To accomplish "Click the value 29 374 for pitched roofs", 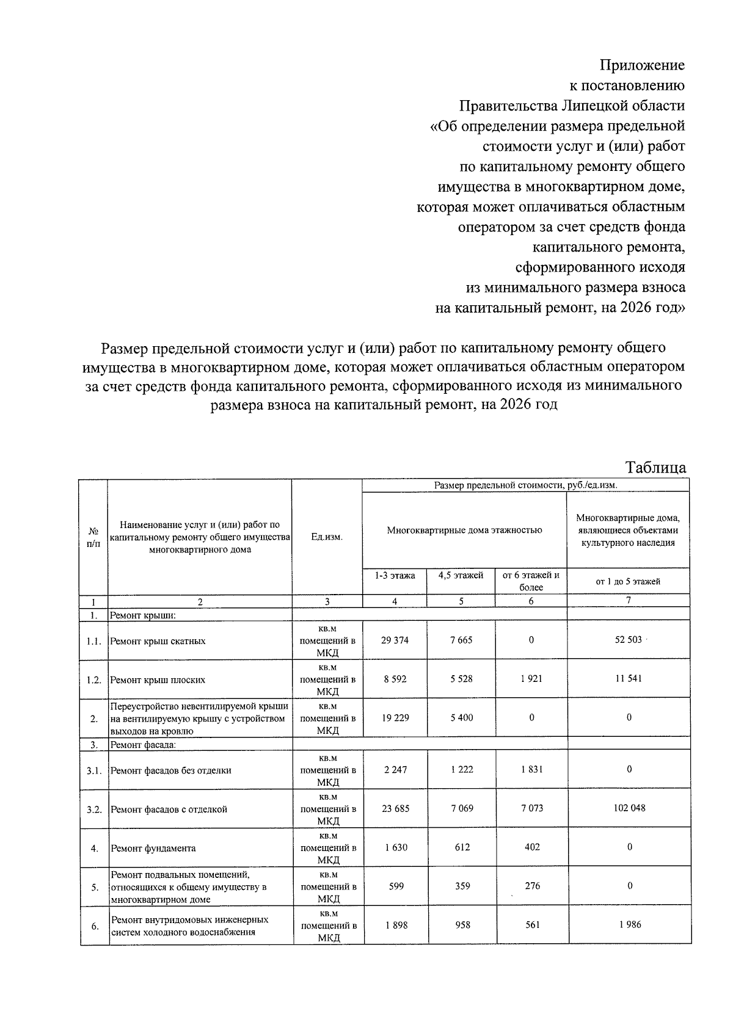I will pyautogui.click(x=395, y=640).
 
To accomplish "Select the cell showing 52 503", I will pyautogui.click(x=629, y=640).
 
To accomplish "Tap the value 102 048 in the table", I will pyautogui.click(x=629, y=808).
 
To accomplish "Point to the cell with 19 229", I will pyautogui.click(x=395, y=717).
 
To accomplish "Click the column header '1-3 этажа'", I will pyautogui.click(x=395, y=575).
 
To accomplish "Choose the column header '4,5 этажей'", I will pyautogui.click(x=461, y=575).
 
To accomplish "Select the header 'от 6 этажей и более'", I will pyautogui.click(x=531, y=581).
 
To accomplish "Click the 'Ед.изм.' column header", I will pyautogui.click(x=327, y=537).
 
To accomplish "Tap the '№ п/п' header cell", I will pyautogui.click(x=93, y=537).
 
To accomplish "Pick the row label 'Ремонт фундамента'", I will pyautogui.click(x=153, y=848).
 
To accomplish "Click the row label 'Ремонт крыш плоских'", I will pyautogui.click(x=158, y=679).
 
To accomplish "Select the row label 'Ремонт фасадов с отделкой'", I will pyautogui.click(x=169, y=809).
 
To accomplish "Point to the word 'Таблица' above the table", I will pyautogui.click(x=655, y=468).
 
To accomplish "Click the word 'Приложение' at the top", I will pyautogui.click(x=642, y=65).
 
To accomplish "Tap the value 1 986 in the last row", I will pyautogui.click(x=629, y=924).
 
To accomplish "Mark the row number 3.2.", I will pyautogui.click(x=93, y=809).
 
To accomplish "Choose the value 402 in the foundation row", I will pyautogui.click(x=532, y=847).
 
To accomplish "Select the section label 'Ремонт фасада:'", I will pyautogui.click(x=142, y=745).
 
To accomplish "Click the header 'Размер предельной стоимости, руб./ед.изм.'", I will pyautogui.click(x=525, y=485).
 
